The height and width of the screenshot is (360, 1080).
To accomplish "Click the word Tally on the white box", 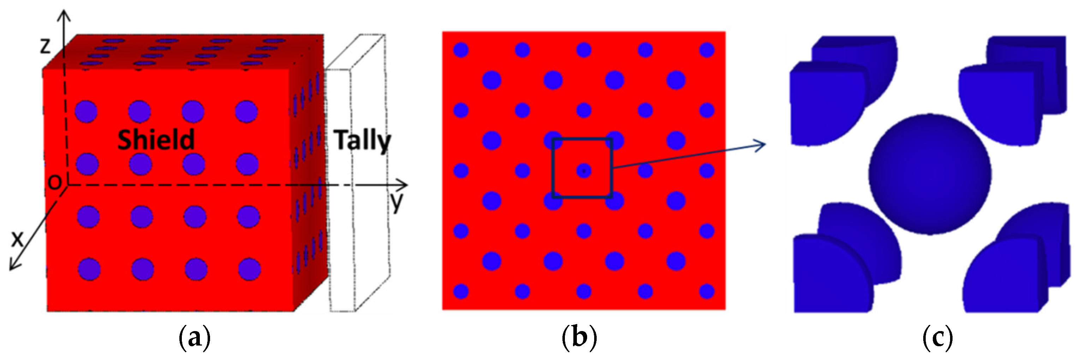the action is pos(362,141).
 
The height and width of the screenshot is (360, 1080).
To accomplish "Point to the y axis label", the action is pos(396,203).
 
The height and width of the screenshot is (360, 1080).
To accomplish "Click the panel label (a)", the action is pos(194,338).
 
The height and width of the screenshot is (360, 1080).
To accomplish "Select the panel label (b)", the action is pos(579,338).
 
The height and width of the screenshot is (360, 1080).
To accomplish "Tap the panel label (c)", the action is pos(937,338).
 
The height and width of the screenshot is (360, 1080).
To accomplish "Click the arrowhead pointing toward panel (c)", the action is pos(761,145).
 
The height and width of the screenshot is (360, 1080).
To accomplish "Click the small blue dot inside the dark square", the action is pos(584,170).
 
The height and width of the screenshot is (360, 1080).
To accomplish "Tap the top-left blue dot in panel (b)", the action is pos(461,50).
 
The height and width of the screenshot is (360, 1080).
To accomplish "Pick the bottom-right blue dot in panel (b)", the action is pos(707,291).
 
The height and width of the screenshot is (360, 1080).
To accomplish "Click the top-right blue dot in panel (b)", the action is pos(707,50).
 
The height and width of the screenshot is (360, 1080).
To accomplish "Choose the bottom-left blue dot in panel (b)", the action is pos(461,291).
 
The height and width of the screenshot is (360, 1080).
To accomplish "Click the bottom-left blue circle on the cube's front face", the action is pos(89,269).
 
